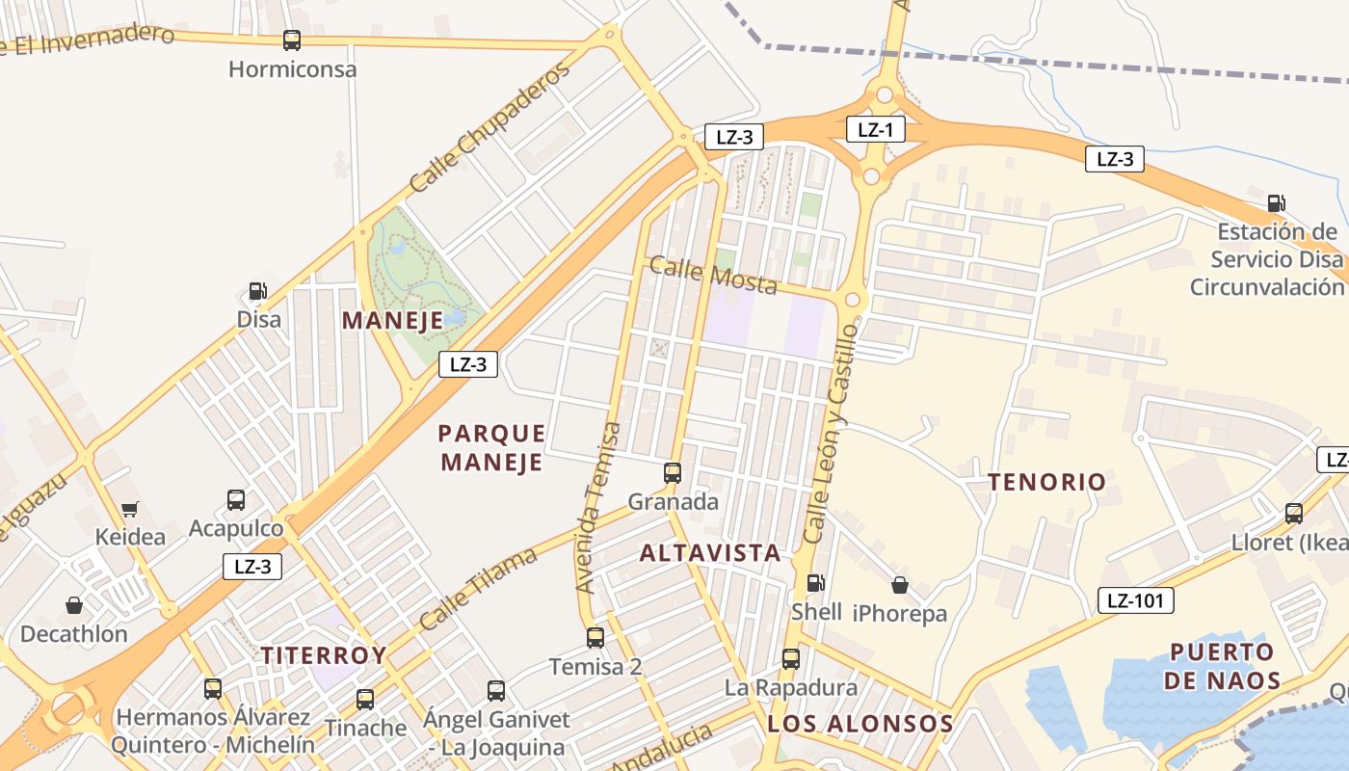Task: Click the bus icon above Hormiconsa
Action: (292, 40)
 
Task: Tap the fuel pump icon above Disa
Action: (257, 290)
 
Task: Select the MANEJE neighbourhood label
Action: (392, 320)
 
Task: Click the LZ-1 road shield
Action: (875, 129)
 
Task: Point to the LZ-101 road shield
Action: (1135, 601)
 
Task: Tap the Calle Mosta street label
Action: (713, 275)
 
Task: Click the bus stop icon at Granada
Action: (673, 473)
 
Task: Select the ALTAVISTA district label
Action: (710, 552)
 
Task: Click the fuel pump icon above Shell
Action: (815, 583)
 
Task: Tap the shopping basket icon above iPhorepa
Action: (899, 585)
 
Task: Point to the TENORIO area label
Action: (1046, 482)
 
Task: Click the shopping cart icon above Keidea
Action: (129, 509)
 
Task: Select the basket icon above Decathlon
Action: (74, 605)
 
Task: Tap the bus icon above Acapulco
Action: (236, 500)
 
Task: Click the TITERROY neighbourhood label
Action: (323, 655)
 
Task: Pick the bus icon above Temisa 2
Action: (595, 638)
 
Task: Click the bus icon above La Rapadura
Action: (790, 659)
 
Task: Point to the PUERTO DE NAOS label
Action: (1222, 666)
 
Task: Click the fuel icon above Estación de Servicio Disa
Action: (1276, 203)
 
